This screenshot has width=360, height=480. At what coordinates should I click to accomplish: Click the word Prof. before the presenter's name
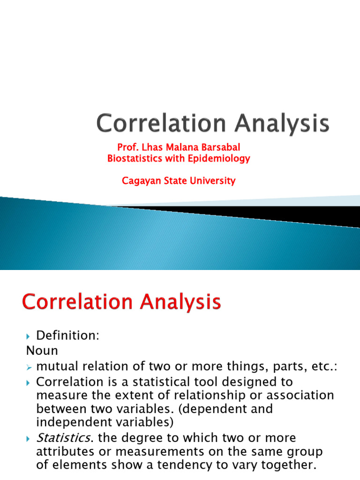127,148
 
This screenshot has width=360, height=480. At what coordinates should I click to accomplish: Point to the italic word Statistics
63,438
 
